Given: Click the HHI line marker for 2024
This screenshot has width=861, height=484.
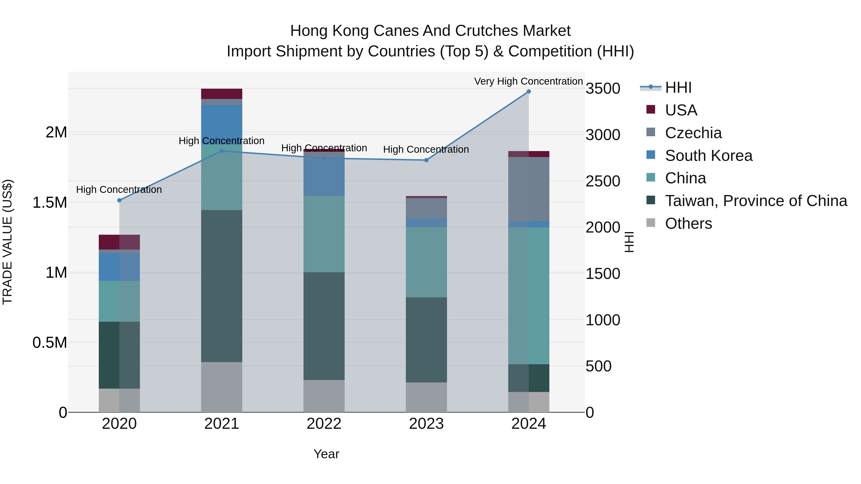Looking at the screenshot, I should coord(528,91).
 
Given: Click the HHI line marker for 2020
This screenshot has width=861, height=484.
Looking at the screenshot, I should coord(119,200).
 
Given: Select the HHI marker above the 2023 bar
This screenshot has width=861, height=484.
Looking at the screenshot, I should coord(426,160).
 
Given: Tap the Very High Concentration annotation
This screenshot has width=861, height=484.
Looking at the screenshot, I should coord(528,81).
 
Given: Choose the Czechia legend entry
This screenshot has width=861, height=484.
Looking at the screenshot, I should coord(693,133).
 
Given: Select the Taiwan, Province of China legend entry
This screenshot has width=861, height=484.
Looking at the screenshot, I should coord(756,201).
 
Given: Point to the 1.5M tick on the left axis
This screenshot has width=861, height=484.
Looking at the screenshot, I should coord(50,202).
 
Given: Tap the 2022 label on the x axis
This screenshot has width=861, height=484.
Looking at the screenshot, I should coord(324,424).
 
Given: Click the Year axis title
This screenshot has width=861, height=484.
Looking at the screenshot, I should coord(326,454).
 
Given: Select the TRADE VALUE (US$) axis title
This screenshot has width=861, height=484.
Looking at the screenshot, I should coord(7,242).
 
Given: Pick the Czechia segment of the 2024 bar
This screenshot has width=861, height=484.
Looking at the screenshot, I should coord(528,189).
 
